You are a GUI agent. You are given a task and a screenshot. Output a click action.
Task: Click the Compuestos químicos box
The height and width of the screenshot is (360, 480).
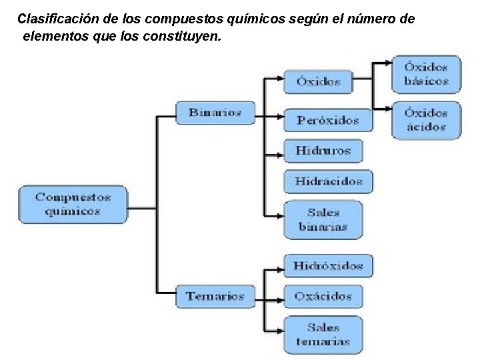click(72, 204)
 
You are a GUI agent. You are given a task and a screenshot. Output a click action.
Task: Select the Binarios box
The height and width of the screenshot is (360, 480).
click(215, 112)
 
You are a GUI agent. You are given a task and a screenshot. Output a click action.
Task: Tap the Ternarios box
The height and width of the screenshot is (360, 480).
click(215, 296)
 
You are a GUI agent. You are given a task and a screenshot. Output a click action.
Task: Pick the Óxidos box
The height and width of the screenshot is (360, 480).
click(319, 81)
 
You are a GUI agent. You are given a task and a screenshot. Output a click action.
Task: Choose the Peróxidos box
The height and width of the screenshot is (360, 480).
click(328, 120)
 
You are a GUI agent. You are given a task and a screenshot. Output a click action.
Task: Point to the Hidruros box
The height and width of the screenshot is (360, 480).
click(323, 151)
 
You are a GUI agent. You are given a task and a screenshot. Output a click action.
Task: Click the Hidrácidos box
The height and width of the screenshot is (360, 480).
click(329, 181)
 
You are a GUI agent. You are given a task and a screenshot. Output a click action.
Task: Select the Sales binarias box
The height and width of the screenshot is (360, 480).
click(323, 220)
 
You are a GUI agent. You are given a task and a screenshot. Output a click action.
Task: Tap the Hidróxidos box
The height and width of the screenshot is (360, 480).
click(328, 265)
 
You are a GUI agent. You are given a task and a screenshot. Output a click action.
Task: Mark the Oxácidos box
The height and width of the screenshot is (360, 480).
click(323, 296)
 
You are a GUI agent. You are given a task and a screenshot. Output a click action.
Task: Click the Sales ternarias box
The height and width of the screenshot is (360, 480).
click(323, 335)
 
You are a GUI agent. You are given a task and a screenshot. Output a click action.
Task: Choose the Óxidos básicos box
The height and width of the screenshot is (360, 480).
click(426, 74)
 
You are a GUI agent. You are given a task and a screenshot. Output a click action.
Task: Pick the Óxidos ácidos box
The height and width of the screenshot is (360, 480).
click(426, 120)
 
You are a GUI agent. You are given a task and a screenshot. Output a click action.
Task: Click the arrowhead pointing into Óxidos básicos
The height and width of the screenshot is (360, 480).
click(387, 64)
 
